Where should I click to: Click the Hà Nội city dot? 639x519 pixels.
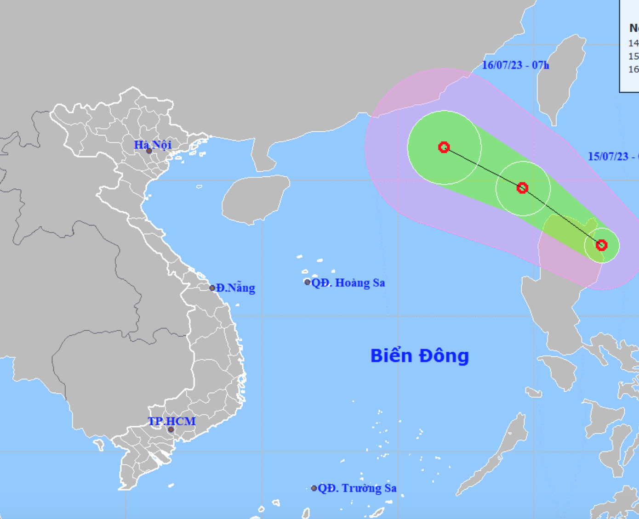[149, 151]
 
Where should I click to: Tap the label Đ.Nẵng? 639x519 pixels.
[236, 288]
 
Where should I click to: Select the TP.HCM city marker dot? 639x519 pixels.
[171, 430]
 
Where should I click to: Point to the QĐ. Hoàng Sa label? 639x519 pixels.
[348, 283]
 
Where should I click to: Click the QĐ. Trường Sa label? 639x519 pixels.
[357, 488]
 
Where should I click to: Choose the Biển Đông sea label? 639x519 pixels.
[420, 356]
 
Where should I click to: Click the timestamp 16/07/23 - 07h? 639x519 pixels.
[515, 65]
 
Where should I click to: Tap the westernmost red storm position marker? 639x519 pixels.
[444, 147]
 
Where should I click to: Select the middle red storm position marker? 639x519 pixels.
[522, 188]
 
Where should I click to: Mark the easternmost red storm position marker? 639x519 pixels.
[601, 245]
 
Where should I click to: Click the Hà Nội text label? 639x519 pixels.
[153, 145]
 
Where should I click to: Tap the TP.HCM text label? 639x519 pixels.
[171, 421]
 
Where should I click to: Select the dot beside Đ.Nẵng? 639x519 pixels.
[212, 288]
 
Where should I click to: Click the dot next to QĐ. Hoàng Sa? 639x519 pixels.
[308, 282]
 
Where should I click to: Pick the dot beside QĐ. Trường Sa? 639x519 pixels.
[314, 488]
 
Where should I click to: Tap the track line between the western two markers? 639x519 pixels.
[483, 168]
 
